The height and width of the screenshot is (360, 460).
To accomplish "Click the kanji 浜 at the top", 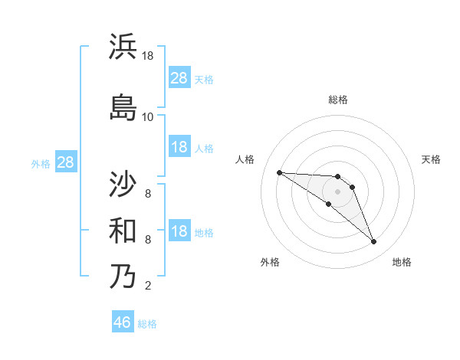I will click(123, 47).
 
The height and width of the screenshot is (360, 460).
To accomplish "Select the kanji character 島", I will click(123, 106).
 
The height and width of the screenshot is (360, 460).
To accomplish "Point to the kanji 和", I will click(123, 230).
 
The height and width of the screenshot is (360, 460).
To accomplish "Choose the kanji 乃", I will click(123, 276).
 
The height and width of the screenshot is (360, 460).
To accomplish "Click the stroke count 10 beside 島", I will click(147, 116).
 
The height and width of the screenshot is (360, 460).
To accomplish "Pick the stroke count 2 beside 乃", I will click(147, 286).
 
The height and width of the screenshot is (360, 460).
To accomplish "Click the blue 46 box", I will click(123, 322).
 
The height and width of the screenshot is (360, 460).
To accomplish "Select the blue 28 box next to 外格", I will click(65, 162).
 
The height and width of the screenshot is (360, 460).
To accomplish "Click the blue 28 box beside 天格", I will click(179, 78).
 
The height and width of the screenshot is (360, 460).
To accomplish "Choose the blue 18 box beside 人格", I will click(179, 147).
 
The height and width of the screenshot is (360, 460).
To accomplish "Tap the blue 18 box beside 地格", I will click(179, 232).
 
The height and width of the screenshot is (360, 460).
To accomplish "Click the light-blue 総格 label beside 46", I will click(147, 324).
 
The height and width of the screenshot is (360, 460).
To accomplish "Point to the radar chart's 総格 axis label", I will click(337, 100).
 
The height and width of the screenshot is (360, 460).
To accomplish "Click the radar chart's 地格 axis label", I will click(402, 262).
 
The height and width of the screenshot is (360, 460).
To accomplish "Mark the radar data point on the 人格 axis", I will click(279, 172).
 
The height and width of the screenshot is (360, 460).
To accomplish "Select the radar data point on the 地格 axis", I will click(373, 242).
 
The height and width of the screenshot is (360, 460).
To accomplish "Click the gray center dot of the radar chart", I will click(337, 191).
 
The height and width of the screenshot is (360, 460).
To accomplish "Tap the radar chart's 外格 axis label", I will click(270, 262).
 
